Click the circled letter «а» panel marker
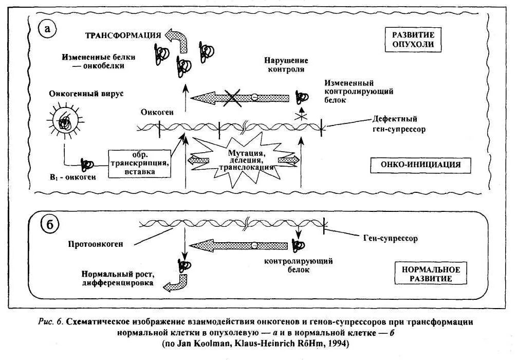48,30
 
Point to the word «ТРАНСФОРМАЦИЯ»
122,35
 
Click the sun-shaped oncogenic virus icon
65,122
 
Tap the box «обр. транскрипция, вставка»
139,164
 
